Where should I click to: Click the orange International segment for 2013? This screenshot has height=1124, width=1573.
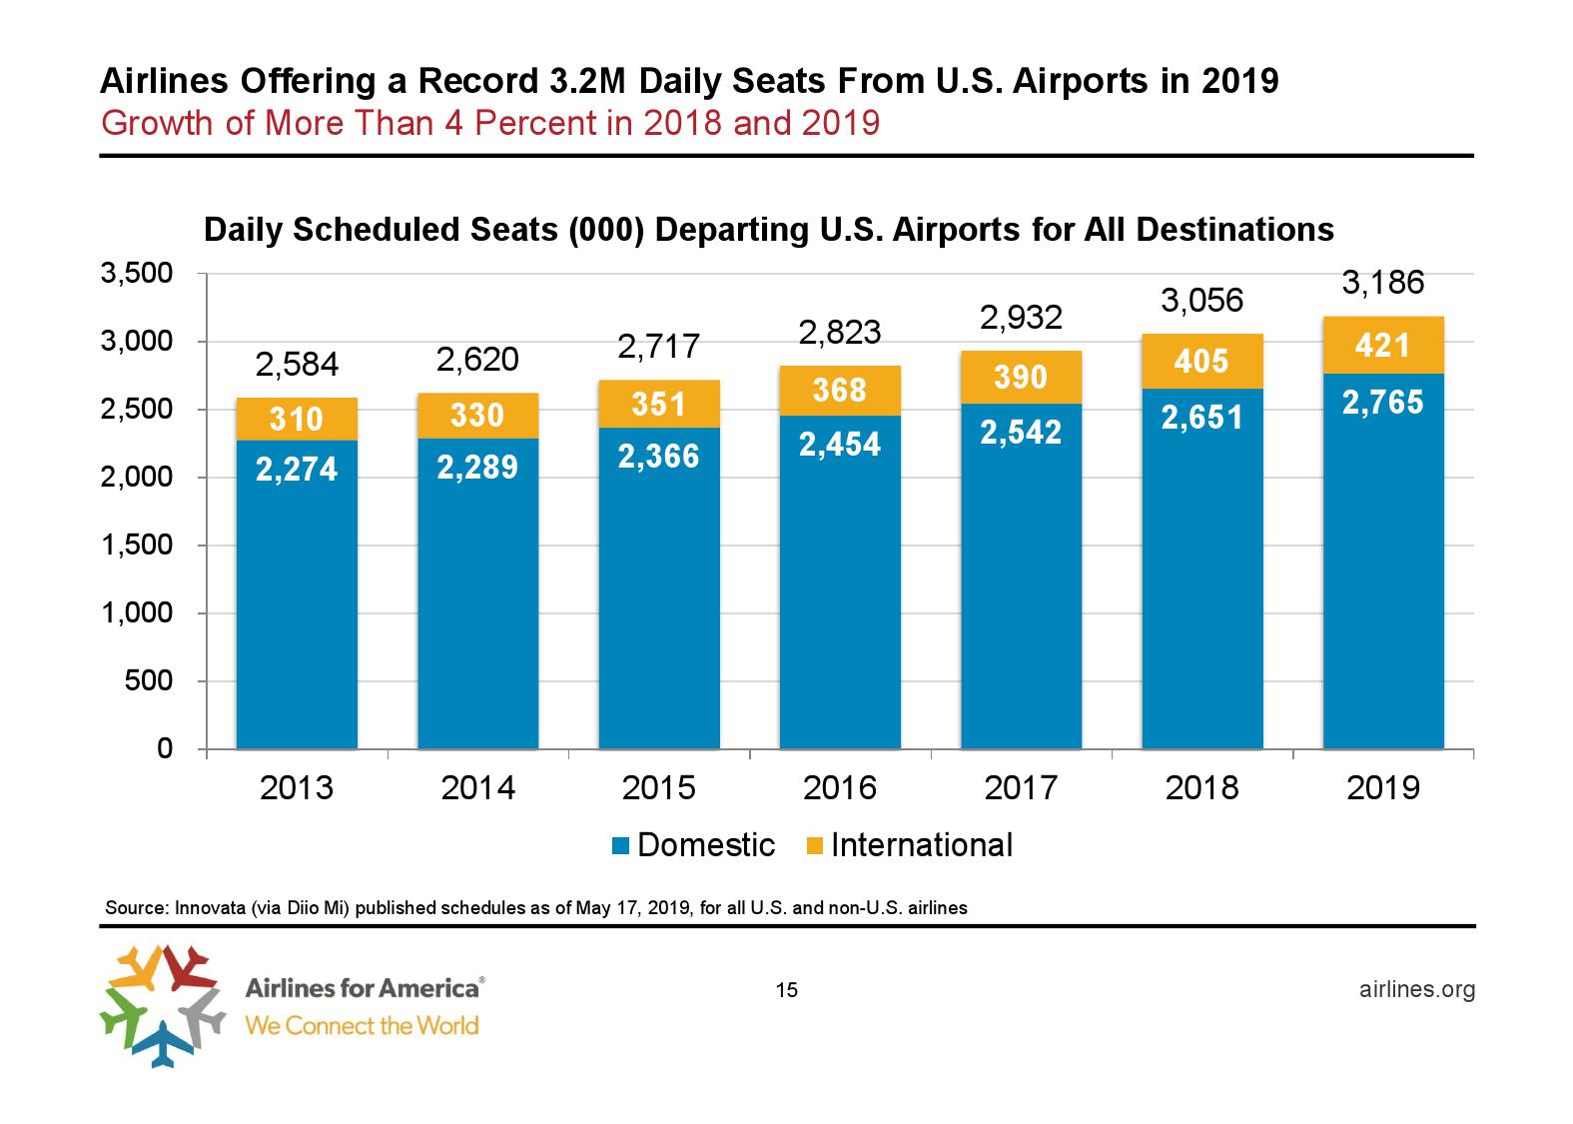point(297,419)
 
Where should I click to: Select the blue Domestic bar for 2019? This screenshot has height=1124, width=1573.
point(1383,579)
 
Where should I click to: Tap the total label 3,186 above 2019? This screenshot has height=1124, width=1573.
point(1382,284)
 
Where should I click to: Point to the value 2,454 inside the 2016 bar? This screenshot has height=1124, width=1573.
point(840,445)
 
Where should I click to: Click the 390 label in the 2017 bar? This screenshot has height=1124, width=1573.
point(1021,378)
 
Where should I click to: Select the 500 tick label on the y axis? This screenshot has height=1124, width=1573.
point(150,681)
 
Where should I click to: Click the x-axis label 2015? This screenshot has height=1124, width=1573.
point(659,788)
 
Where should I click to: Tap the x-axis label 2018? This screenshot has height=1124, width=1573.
point(1201,788)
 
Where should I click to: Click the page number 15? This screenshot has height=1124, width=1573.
point(786,990)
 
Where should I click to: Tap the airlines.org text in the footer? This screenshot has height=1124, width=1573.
point(1417,989)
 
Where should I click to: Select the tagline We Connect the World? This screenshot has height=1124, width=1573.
point(362,1025)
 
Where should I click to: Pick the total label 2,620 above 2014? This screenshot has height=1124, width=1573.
point(478,359)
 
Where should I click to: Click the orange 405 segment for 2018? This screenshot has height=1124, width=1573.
point(1201,361)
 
